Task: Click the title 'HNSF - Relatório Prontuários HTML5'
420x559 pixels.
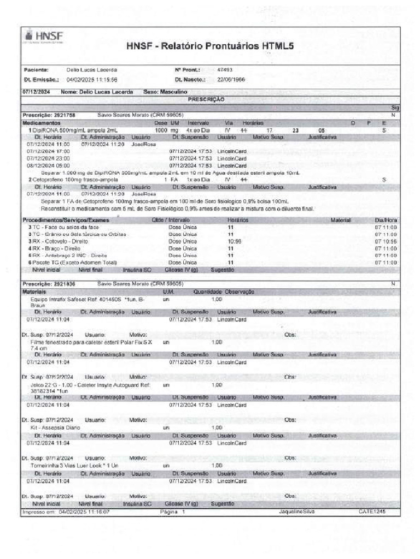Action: [210, 46]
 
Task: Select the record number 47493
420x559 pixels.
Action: [225, 70]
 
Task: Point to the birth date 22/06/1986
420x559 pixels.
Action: [230, 79]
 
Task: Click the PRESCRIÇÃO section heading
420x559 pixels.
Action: [206, 100]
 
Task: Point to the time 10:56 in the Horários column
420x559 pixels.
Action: [234, 241]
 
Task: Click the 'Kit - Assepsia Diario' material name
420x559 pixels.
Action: [56, 427]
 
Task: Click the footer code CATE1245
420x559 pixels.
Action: [372, 512]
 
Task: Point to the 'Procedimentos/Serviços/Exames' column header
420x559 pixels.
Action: [66, 220]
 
